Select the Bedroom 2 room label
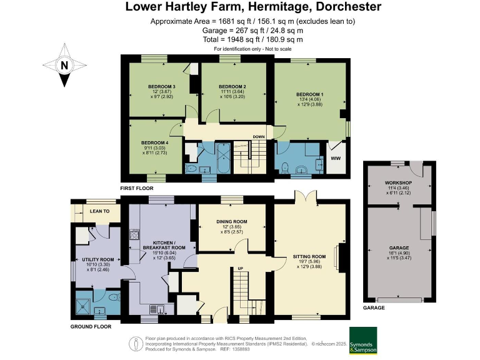232,86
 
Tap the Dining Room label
232,221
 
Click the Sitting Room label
310,256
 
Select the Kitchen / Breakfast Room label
166,244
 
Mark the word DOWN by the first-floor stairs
259,137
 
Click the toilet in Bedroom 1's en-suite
285,167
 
